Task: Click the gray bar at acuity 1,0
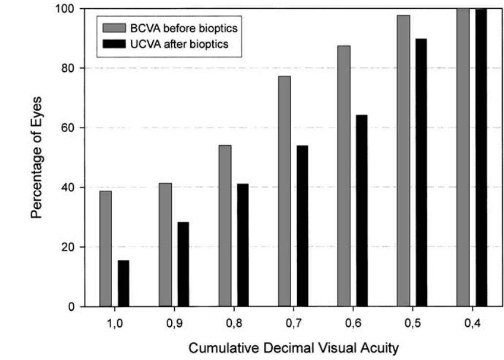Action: click(x=105, y=249)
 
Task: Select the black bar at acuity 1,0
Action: click(x=123, y=283)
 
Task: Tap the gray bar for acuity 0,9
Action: click(x=165, y=245)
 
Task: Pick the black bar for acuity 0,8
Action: click(x=242, y=245)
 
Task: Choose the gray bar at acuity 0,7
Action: click(x=284, y=191)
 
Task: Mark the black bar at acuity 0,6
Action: click(x=362, y=211)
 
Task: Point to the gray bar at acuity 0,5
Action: click(x=403, y=160)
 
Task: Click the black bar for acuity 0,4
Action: click(x=481, y=158)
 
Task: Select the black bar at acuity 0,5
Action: click(x=422, y=173)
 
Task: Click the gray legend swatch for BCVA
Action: click(x=114, y=28)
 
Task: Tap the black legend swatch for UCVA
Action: click(x=114, y=44)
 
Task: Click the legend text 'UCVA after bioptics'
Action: click(x=180, y=44)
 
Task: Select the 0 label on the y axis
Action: click(x=71, y=307)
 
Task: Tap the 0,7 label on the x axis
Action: click(x=293, y=323)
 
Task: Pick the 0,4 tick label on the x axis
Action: click(x=472, y=323)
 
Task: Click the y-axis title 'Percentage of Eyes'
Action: click(x=36, y=158)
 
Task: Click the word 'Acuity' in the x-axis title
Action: click(x=382, y=349)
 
